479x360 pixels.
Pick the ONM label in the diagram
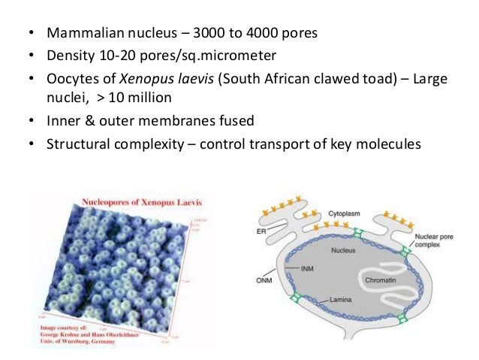tap(264, 283)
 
